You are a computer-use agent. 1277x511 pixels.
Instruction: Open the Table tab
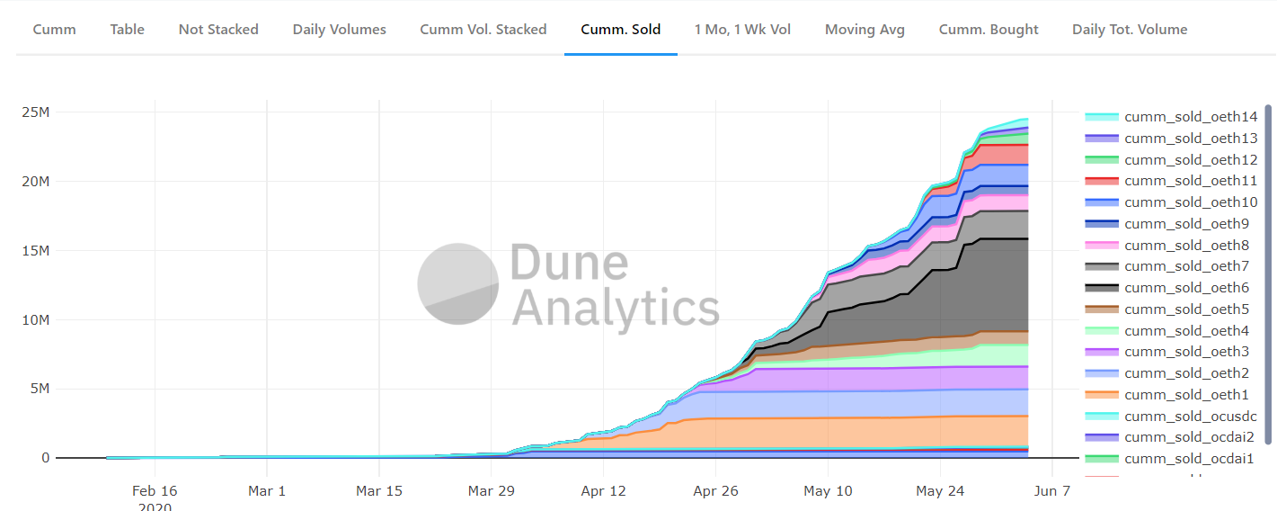point(127,30)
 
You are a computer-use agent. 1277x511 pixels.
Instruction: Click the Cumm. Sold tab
point(621,30)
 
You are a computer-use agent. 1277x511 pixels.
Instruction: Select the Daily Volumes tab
point(339,30)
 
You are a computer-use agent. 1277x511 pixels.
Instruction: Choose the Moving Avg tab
point(865,30)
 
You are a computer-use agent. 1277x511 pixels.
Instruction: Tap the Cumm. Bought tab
point(989,30)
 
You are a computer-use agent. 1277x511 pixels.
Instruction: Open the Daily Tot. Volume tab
point(1130,30)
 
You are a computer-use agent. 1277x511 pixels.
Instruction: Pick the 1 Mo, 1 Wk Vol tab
point(742,30)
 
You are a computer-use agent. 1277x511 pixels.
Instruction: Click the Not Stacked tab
point(218,30)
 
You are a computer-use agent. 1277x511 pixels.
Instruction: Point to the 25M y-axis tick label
point(36,112)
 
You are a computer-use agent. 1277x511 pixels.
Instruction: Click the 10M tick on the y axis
point(36,319)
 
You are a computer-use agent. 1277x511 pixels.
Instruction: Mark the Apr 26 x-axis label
point(715,491)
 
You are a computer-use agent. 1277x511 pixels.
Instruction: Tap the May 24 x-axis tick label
point(940,491)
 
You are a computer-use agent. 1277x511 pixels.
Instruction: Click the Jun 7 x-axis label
point(1052,491)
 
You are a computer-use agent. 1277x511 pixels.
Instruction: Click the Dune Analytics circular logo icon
point(458,283)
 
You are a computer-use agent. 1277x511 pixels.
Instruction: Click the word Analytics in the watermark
point(616,308)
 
